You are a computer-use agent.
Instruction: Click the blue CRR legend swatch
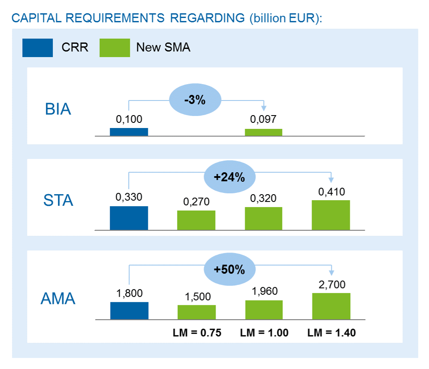click(x=37, y=48)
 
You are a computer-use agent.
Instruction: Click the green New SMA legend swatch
click(x=115, y=48)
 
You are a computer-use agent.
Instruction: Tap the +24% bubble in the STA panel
click(x=229, y=177)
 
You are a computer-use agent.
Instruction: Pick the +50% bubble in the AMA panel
click(x=229, y=269)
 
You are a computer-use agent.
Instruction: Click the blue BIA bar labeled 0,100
click(x=129, y=132)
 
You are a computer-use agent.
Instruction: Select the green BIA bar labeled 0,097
click(x=263, y=132)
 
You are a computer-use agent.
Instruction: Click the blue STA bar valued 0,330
click(x=129, y=218)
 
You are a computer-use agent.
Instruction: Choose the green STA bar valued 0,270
click(x=196, y=220)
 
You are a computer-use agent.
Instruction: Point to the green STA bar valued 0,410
click(x=331, y=215)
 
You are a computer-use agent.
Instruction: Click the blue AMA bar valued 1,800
click(x=129, y=311)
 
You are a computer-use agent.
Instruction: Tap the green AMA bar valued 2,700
click(x=331, y=306)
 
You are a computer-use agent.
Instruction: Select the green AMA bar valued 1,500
click(x=196, y=312)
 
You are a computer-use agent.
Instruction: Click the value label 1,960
click(x=264, y=292)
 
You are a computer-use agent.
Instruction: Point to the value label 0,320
click(x=263, y=198)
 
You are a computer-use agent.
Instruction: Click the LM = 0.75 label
click(x=196, y=333)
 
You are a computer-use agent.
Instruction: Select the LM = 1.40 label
click(x=331, y=333)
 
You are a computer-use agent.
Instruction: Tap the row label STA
click(x=58, y=200)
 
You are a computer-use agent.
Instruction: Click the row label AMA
click(x=58, y=299)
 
